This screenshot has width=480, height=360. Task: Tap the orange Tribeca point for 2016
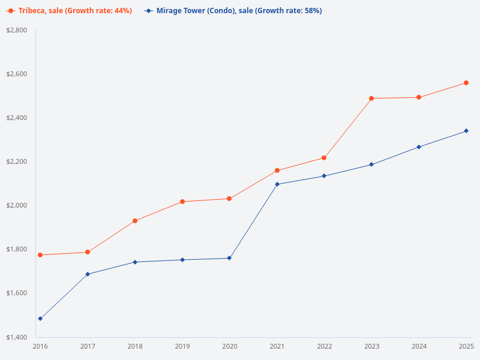pos(40,255)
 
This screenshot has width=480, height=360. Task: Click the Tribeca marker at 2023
pos(371,98)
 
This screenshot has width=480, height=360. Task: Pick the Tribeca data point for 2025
pos(466,83)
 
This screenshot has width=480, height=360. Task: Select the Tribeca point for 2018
pos(135,221)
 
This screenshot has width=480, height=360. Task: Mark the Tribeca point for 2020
pos(229,199)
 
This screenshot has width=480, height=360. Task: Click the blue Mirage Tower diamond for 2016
pos(40,319)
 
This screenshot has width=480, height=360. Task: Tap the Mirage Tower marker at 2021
pos(277,184)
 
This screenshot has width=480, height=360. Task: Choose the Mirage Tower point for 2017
pos(88,274)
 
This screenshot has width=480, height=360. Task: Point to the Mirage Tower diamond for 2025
pos(466,131)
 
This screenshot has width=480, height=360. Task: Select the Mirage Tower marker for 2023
pos(371,164)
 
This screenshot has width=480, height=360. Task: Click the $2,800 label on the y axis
pos(16,30)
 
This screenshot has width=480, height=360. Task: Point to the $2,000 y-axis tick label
pos(16,206)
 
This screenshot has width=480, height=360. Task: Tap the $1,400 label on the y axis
pos(16,337)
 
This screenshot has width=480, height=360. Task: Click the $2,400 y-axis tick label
pos(16,118)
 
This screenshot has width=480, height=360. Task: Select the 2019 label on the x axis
pos(182,347)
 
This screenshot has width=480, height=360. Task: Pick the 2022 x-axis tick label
pos(325,347)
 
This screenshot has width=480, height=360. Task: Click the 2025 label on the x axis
pos(466,347)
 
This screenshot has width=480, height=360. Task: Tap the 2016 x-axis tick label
pos(40,347)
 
